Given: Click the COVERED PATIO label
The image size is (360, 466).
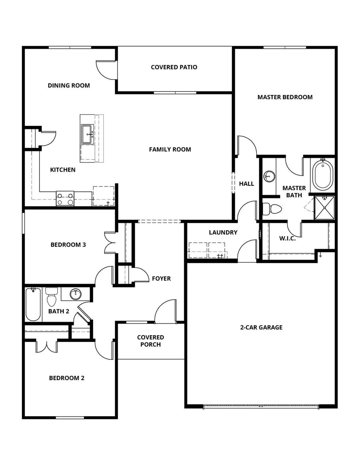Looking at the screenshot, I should point(174,67).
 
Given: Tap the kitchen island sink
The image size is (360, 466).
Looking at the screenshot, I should point(87,134).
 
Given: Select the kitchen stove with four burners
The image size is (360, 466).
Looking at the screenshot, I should point(65,199).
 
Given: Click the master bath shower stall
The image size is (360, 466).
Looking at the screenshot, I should point(324,208).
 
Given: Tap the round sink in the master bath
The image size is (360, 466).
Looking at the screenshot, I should point(270,176).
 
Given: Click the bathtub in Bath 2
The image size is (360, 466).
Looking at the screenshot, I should point(33,304).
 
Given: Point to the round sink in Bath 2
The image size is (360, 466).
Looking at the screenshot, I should point(75,294).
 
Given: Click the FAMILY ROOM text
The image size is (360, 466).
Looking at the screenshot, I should point(170,149).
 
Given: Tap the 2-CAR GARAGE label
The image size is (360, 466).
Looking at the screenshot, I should point(261,327).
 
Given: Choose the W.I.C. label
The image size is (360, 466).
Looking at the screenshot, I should point(287,238).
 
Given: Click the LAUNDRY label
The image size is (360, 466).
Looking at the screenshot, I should point(223,232).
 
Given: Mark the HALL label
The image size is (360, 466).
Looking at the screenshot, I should point(246,184).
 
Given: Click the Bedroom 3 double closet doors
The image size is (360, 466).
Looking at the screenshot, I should point(110,243).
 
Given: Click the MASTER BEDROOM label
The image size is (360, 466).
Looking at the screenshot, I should point(285,97).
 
